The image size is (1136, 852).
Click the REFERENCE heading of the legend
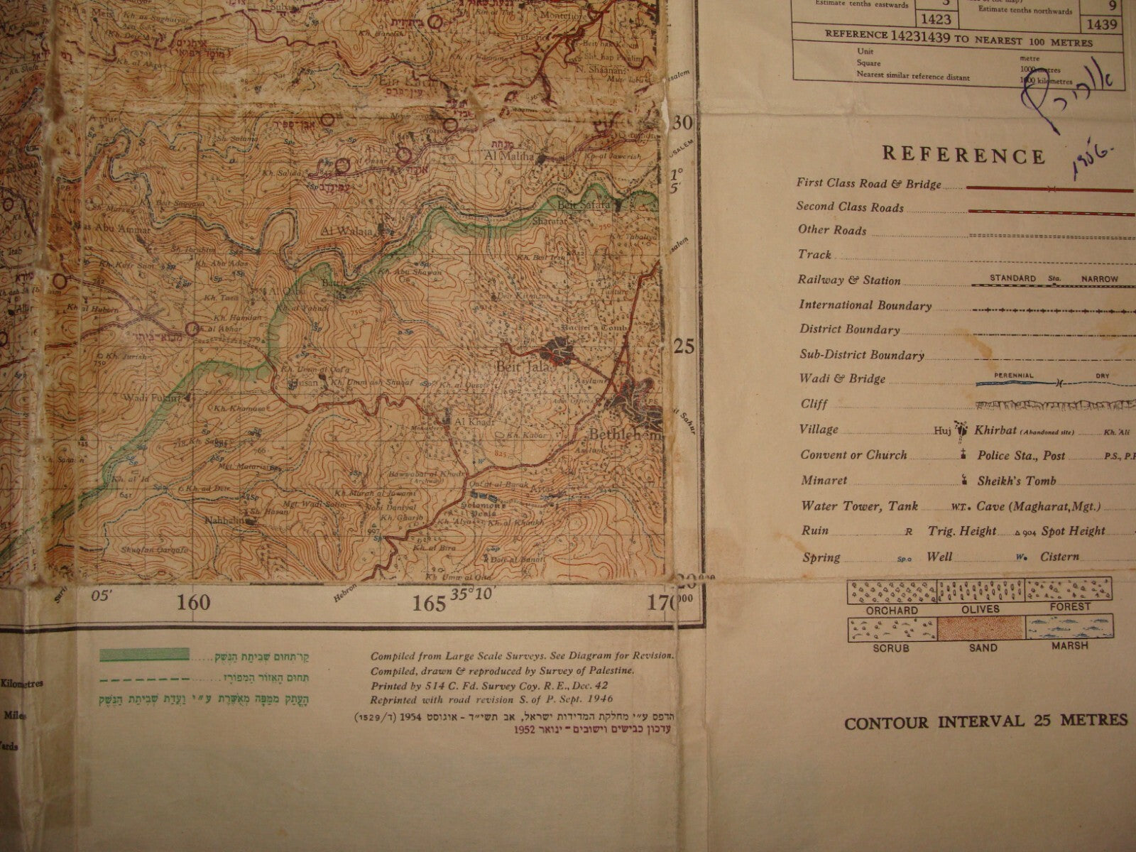(963, 155)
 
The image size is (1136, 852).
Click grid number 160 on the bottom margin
(194, 603)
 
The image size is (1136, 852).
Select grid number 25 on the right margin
(683, 346)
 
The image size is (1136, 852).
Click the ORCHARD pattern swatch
(891, 590)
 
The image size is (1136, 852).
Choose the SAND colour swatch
(981, 629)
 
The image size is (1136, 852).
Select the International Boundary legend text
(865, 305)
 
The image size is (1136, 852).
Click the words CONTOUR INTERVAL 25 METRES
(985, 721)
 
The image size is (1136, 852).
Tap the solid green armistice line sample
(145, 654)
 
